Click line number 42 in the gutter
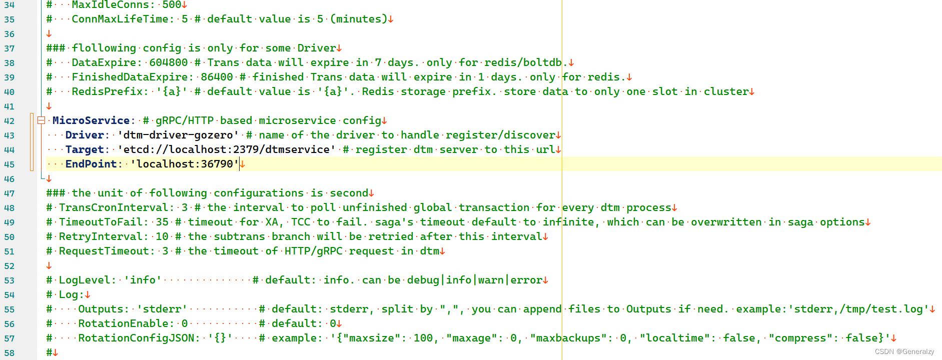tap(9, 121)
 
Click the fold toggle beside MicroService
tap(42, 120)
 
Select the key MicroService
tap(91, 120)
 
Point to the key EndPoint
tap(91, 164)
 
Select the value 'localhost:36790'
tap(184, 164)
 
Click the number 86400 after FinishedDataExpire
tap(217, 77)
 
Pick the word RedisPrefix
tap(107, 91)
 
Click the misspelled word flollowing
tap(104, 48)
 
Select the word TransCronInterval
tap(113, 207)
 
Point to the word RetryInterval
tap(100, 236)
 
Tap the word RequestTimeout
tap(104, 251)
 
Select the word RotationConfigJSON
tap(136, 338)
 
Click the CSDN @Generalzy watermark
tap(904, 351)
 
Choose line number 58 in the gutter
tap(9, 353)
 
